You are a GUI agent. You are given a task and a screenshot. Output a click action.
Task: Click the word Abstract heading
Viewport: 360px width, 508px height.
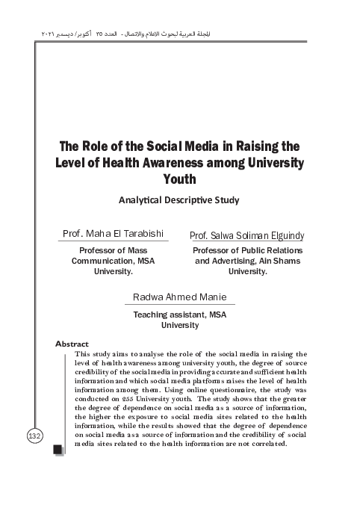[72, 344]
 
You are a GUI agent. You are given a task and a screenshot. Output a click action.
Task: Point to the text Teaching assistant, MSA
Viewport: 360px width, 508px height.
[180, 315]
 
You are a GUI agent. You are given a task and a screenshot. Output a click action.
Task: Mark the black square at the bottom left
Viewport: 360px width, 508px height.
[58, 449]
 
